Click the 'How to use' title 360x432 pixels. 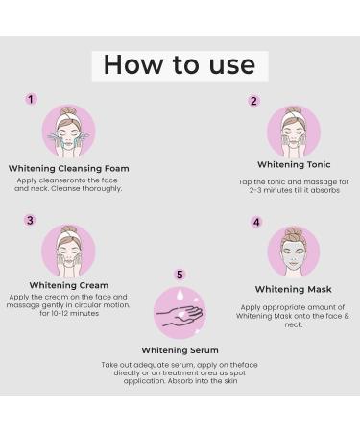pos(180,65)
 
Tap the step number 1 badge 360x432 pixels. pos(31,99)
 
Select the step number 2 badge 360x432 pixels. pos(253,101)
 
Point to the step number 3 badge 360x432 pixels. pos(30,220)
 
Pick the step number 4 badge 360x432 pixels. pos(256,222)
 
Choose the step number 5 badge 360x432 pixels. pos(180,275)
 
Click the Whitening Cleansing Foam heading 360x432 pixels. pos(68,168)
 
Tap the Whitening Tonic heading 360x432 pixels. pos(293,164)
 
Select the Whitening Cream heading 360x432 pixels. pos(68,285)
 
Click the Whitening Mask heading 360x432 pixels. pos(293,289)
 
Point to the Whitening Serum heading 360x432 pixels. pos(180,350)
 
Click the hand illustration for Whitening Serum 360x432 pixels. pos(180,313)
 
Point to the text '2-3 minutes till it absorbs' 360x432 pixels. pos(293,190)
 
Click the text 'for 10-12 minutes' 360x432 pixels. pos(68,314)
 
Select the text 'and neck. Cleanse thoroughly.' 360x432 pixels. pos(68,188)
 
